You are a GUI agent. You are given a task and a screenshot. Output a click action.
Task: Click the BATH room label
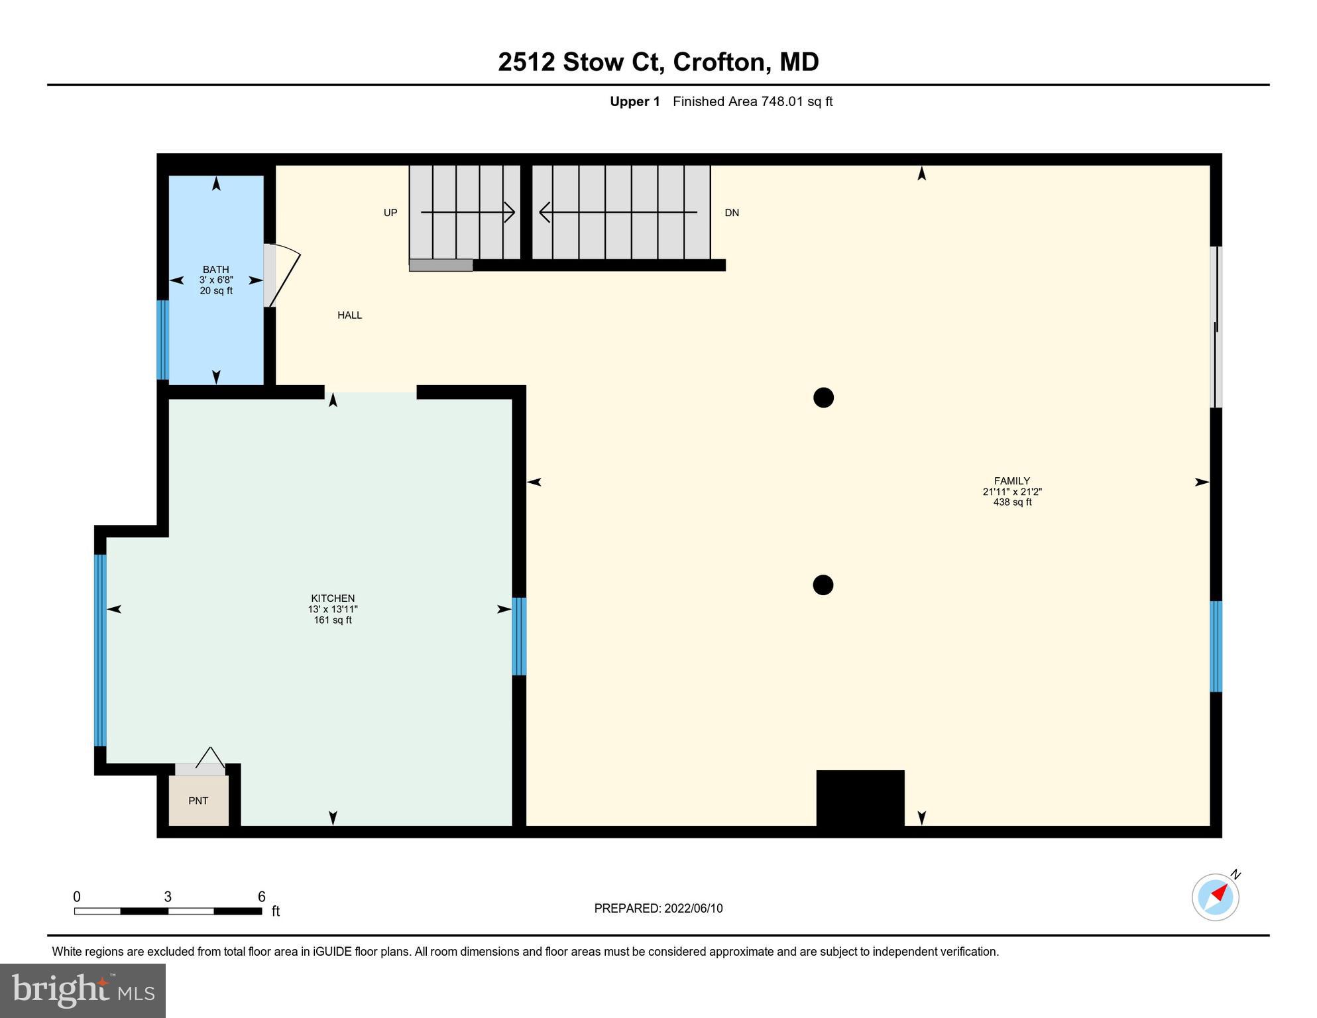216,270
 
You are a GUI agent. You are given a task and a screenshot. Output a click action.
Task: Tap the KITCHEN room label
333,598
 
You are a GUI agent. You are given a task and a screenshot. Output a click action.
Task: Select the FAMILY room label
1011,481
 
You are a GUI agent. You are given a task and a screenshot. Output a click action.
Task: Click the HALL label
349,315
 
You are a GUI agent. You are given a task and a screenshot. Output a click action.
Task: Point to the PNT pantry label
198,801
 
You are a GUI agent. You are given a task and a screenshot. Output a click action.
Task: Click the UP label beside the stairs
390,213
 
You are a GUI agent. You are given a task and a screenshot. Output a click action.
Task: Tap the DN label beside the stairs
732,213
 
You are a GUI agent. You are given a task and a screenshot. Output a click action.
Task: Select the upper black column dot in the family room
823,398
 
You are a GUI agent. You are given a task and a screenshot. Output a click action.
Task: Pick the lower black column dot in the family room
823,585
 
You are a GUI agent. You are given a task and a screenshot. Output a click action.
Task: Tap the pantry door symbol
209,759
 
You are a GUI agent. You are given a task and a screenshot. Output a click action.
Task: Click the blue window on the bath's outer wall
162,339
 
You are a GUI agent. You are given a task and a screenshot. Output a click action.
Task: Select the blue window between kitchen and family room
520,636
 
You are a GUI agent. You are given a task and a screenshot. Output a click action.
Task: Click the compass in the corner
1216,897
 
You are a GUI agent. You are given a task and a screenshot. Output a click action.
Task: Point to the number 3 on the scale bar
168,897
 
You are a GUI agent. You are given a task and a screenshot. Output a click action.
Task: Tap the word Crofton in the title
719,62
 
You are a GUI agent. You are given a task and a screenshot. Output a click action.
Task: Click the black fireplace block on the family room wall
860,798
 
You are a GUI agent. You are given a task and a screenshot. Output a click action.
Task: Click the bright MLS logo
83,991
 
